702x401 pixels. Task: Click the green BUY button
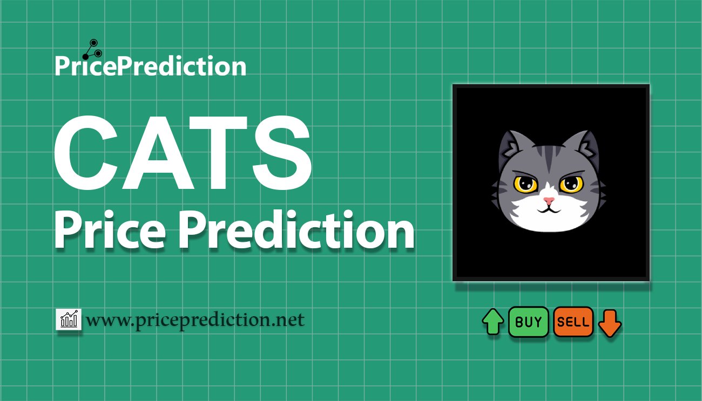[528, 322]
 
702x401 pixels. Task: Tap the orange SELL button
[573, 322]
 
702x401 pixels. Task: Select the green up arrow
[492, 322]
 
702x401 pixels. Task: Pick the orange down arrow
[610, 323]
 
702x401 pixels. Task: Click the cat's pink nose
[549, 201]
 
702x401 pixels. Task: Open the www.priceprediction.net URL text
[195, 320]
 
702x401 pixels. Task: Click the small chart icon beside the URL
[69, 320]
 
